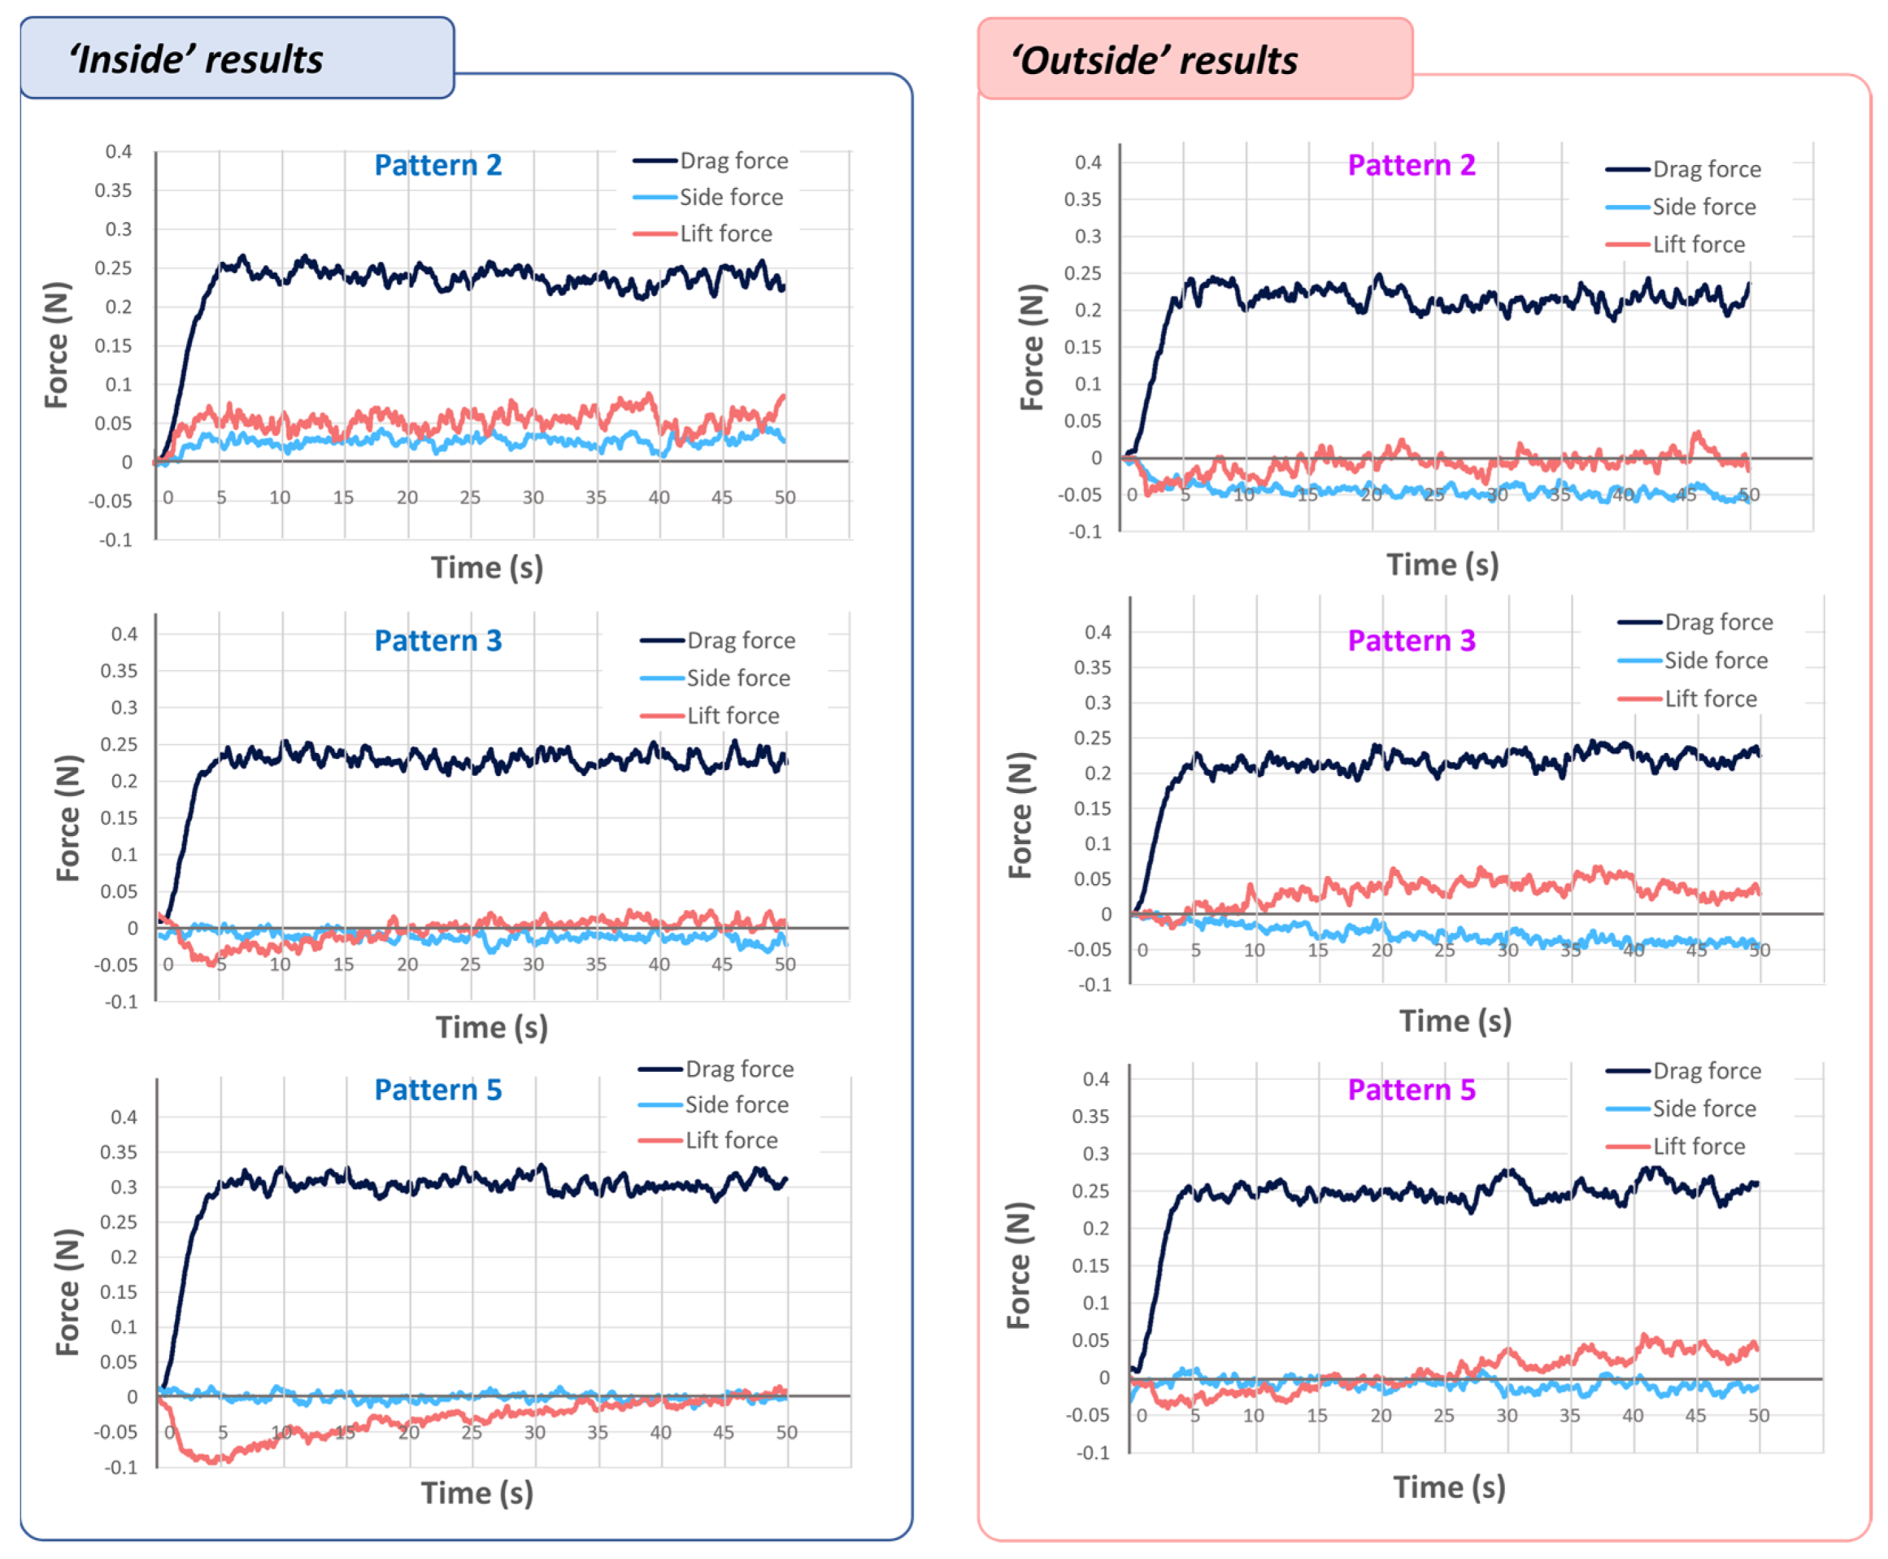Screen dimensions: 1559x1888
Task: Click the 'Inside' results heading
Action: pyautogui.click(x=196, y=59)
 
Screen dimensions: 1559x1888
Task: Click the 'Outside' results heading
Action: pyautogui.click(x=1154, y=60)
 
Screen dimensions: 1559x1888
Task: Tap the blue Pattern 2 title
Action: pyautogui.click(x=437, y=165)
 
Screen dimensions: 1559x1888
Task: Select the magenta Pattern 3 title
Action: pyautogui.click(x=1411, y=640)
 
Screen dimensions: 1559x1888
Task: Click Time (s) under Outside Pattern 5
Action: pyautogui.click(x=1448, y=1488)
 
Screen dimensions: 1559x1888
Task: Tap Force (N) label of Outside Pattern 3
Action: pyautogui.click(x=1020, y=815)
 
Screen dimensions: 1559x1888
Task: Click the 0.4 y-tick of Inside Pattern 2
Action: pyautogui.click(x=119, y=152)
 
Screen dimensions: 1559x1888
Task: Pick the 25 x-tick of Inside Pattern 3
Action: pyautogui.click(x=469, y=965)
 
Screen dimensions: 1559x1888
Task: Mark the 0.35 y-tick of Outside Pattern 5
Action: pyautogui.click(x=1089, y=1117)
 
